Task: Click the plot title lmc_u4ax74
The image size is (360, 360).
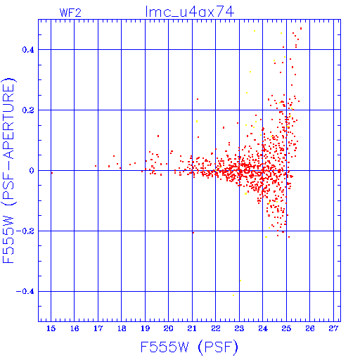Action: pyautogui.click(x=189, y=12)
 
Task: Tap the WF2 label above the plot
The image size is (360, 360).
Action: pyautogui.click(x=70, y=13)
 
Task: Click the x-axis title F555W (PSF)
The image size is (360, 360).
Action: pyautogui.click(x=189, y=347)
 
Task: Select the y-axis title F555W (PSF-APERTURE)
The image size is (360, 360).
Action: pyautogui.click(x=8, y=170)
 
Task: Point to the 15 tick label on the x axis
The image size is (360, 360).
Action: pyautogui.click(x=51, y=328)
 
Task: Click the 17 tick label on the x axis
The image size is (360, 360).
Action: pyautogui.click(x=98, y=328)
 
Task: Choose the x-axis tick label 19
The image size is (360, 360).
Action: pyautogui.click(x=145, y=328)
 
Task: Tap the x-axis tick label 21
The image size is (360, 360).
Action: pyautogui.click(x=192, y=328)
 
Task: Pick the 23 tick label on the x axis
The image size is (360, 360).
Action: pyautogui.click(x=239, y=328)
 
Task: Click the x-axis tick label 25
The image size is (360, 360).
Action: pyautogui.click(x=286, y=328)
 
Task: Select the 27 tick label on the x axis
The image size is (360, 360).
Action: pyautogui.click(x=333, y=328)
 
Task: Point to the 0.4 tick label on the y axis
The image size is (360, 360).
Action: pyautogui.click(x=28, y=50)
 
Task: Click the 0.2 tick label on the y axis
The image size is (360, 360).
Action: pyautogui.click(x=28, y=110)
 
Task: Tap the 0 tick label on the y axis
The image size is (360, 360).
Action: pyautogui.click(x=32, y=171)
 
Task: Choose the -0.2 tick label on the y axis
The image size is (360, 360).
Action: pyautogui.click(x=25, y=231)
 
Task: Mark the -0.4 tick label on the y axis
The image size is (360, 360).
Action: pyautogui.click(x=25, y=292)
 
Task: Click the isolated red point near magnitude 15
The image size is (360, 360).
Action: pyautogui.click(x=52, y=173)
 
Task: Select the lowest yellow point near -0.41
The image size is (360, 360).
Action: pyautogui.click(x=233, y=295)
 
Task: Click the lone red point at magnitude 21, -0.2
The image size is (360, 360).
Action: pyautogui.click(x=193, y=233)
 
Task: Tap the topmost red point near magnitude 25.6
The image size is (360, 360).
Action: pyautogui.click(x=301, y=29)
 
